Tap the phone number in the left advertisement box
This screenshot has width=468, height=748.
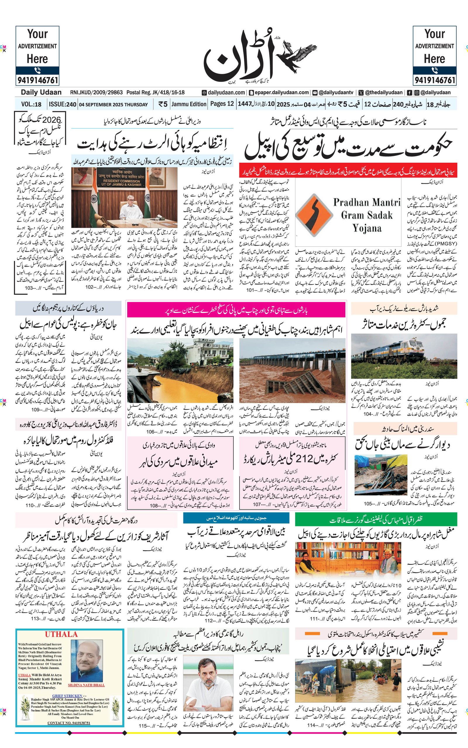click(37, 80)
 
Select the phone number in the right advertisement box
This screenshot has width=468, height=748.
click(435, 80)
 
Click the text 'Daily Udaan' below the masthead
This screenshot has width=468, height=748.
click(41, 92)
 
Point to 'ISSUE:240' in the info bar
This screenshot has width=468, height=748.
click(63, 104)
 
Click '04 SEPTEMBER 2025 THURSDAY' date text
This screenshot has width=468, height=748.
click(113, 105)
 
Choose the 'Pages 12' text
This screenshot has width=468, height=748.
click(222, 104)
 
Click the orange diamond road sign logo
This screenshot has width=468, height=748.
click(314, 215)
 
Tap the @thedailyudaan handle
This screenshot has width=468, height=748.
click(384, 92)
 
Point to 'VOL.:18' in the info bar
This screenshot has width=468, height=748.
click(31, 104)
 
